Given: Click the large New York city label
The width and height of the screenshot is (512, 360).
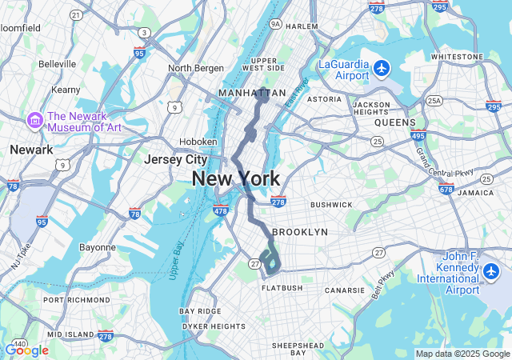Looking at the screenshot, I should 236,179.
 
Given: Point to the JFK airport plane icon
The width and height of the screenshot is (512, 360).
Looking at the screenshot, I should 491,273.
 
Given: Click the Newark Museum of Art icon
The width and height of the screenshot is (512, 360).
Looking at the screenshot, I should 35,121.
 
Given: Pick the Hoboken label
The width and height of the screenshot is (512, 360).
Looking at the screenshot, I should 198,142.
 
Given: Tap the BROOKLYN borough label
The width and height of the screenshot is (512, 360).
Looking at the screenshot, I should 300,232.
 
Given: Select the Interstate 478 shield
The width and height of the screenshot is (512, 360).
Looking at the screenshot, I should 222,211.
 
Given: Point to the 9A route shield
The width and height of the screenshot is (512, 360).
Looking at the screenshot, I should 276,25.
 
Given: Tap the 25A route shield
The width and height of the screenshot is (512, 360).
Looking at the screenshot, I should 434,100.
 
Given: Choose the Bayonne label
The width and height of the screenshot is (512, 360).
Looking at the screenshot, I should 98,247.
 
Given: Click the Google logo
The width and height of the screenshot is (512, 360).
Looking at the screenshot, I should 26,350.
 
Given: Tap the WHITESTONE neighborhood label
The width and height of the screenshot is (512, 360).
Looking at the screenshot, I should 457,57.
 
